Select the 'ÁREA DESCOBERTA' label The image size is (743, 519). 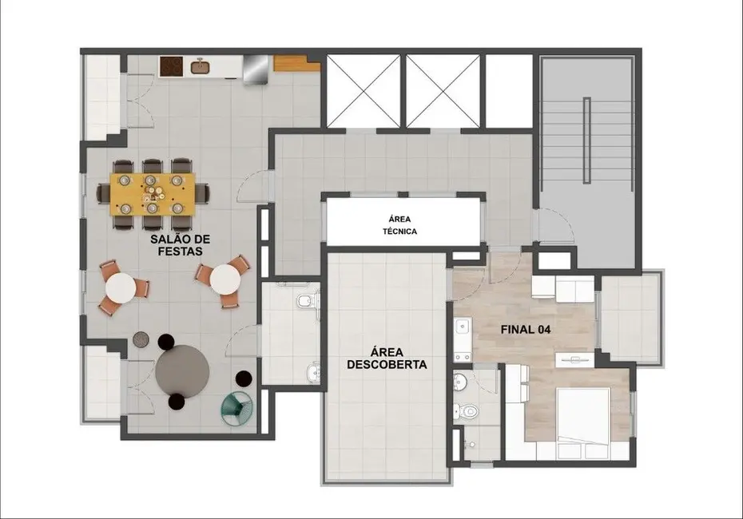coord(387,356)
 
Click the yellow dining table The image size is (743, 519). coord(153,194)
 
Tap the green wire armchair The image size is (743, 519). coord(236,406)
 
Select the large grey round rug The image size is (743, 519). coord(183,370)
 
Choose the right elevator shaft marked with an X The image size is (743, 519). coord(443,90)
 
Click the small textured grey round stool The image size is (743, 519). coord(141,340)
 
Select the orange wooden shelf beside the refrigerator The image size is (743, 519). coord(290,63)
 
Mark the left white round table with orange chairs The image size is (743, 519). coord(121,287)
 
